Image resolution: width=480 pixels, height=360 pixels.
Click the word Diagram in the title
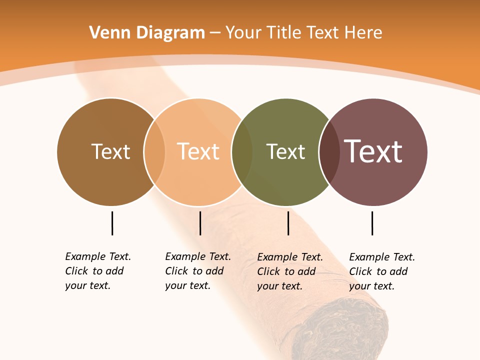(x=170, y=33)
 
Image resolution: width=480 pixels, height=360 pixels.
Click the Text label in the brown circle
(x=110, y=151)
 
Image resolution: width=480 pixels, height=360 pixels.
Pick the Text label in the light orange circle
(x=198, y=151)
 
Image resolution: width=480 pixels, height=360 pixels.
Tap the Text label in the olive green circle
(x=285, y=151)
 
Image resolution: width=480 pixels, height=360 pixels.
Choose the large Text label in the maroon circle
(x=373, y=151)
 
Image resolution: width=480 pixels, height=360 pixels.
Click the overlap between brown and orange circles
(x=154, y=151)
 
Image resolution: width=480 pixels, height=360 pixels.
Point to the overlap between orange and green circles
(x=242, y=151)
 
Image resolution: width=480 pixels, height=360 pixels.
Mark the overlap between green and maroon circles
(x=329, y=151)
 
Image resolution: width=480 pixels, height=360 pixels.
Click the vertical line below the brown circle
(x=112, y=223)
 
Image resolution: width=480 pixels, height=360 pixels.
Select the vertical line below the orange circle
(x=200, y=223)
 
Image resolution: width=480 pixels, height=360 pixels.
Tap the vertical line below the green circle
(x=288, y=223)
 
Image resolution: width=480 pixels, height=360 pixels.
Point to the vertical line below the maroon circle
(x=372, y=223)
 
